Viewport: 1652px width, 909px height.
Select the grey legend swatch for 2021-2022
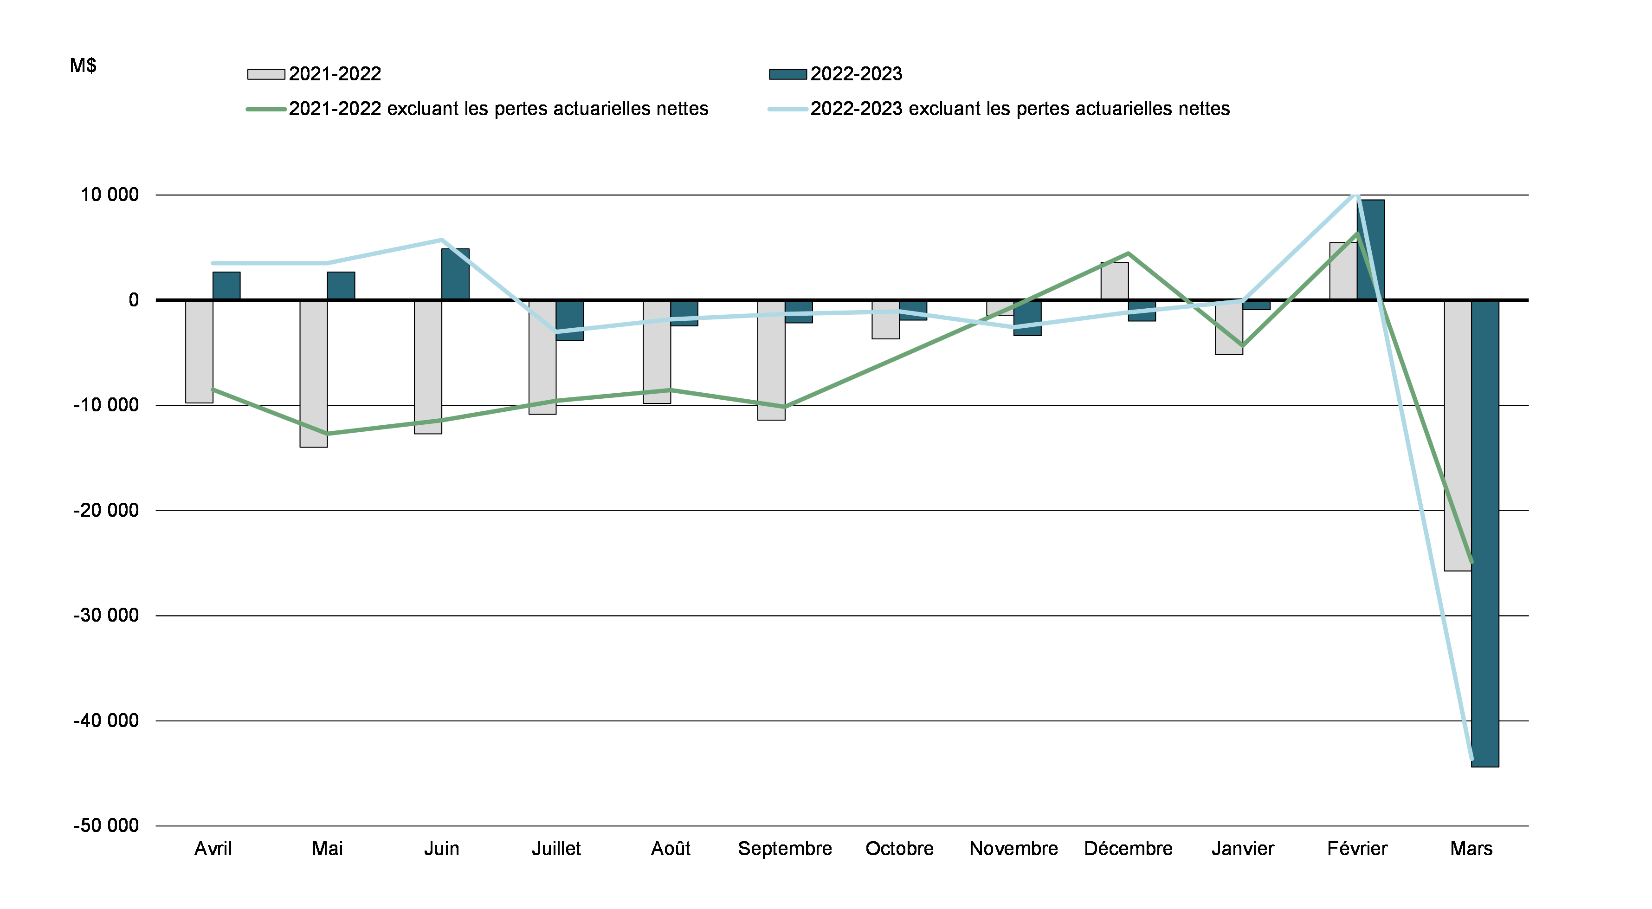266,74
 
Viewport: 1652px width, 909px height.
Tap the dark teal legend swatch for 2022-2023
787,74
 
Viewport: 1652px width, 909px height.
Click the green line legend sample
266,110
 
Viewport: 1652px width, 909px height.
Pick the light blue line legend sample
787,110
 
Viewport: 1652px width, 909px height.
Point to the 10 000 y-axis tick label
109,195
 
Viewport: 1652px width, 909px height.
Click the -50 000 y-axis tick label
106,825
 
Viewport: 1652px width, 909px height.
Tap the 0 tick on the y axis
133,300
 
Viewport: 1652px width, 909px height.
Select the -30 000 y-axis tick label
106,615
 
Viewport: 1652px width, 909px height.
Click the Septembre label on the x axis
785,849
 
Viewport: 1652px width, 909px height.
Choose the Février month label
1357,849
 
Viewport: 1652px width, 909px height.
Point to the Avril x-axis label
213,849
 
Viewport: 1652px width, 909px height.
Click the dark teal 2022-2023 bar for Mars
1485,532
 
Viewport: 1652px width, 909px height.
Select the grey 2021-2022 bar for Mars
1458,436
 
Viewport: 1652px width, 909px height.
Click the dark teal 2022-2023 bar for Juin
455,274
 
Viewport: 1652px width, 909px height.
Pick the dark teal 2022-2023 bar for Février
1370,250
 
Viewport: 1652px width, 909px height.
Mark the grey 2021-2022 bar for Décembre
1115,281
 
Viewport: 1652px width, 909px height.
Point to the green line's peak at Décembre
1128,253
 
